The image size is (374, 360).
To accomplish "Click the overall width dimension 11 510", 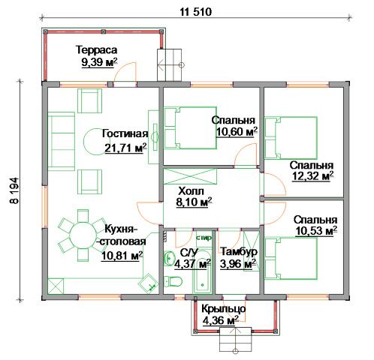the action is (x=196, y=12).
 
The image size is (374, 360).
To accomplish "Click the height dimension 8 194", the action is (x=14, y=190).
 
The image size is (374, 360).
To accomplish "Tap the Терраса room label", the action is (x=97, y=49).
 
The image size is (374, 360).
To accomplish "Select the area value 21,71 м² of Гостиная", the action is (x=125, y=148).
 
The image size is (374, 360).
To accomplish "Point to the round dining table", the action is (x=83, y=235).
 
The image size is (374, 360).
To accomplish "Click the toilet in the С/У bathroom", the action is (x=173, y=281).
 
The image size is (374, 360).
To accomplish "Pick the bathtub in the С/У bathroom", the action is (x=202, y=272).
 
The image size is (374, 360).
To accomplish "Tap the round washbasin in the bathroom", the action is (x=169, y=258).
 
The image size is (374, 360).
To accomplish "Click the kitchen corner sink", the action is (x=149, y=283).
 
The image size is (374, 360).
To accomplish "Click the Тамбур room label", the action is (x=239, y=251).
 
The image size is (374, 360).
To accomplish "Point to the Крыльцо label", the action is (x=223, y=308).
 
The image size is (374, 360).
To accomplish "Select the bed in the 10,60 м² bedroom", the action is (x=190, y=128).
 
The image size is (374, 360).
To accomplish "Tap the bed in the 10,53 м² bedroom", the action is (x=291, y=258).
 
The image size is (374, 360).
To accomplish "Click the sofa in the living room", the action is (x=62, y=141).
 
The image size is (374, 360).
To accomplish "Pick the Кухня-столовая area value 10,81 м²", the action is (x=122, y=256).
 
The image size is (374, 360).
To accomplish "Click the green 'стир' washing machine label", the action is (x=204, y=238).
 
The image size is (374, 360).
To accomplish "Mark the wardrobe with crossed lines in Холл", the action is (x=190, y=176).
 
